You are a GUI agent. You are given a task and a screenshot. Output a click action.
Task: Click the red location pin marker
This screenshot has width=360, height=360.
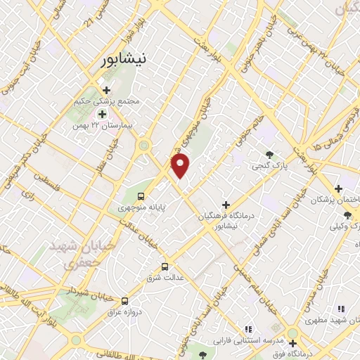[181, 165]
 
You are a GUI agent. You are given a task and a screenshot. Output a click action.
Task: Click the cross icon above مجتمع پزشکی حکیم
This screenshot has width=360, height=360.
[106, 90]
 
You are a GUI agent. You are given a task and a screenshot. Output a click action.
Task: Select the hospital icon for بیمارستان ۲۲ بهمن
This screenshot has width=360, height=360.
[102, 114]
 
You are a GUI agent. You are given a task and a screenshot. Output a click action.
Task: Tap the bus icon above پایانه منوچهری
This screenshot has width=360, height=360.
[141, 196]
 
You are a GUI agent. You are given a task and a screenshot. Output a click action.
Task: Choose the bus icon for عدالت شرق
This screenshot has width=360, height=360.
[165, 266]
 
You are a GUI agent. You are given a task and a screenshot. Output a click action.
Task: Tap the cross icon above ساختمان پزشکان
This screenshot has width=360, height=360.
[339, 188]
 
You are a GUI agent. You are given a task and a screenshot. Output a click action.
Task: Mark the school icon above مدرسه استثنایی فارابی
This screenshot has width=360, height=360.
[247, 329]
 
